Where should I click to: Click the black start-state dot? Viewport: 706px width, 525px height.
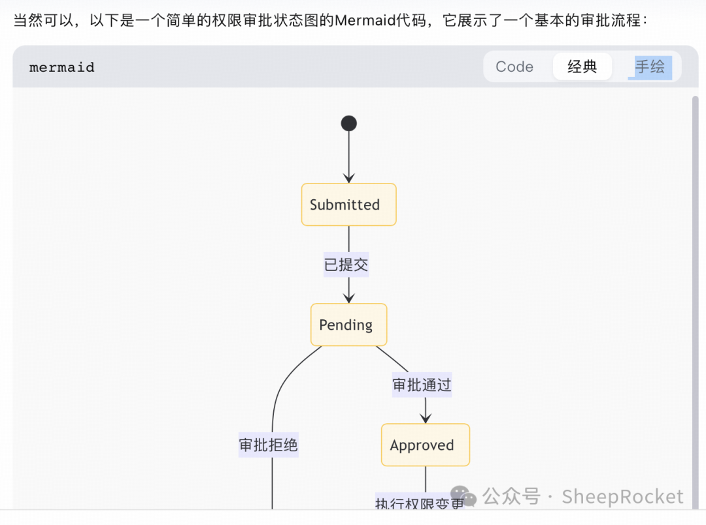(348, 123)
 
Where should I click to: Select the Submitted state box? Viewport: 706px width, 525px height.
(348, 204)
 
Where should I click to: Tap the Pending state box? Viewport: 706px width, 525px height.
(348, 325)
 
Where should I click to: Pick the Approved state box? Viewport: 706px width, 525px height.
(425, 445)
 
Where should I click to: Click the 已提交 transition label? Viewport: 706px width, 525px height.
(346, 264)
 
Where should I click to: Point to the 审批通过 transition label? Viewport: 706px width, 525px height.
(422, 385)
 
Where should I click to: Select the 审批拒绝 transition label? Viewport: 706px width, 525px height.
(268, 445)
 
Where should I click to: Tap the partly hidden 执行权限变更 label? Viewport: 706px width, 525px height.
(419, 503)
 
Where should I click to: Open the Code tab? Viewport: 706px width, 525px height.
(514, 67)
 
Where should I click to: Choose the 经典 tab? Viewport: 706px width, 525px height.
(582, 67)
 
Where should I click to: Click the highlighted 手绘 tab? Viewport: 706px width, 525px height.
(650, 67)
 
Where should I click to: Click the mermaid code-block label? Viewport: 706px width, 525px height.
(62, 67)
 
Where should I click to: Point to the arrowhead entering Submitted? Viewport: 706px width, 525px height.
(348, 178)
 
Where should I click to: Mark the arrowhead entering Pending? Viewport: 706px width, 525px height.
(348, 298)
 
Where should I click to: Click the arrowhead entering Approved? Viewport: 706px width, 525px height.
(426, 419)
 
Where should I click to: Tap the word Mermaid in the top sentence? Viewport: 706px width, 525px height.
(365, 20)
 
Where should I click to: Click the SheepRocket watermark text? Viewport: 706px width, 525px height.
(622, 497)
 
